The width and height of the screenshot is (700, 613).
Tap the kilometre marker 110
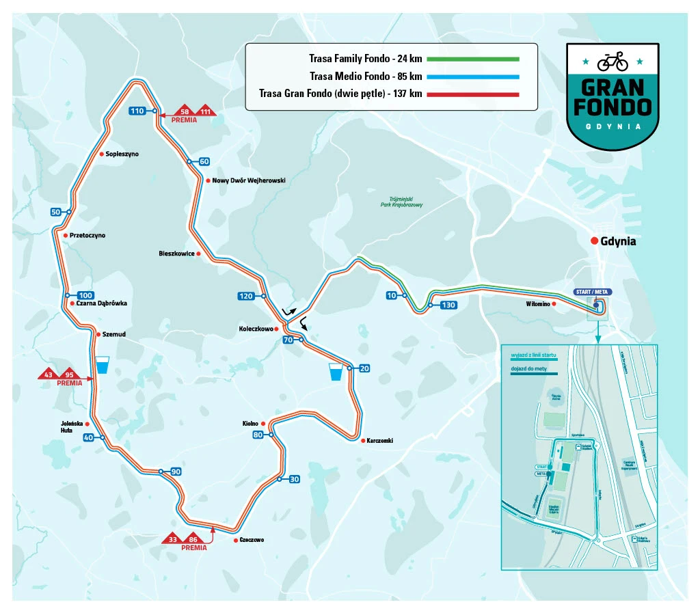[x=138, y=111]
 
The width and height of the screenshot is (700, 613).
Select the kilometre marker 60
[x=204, y=162]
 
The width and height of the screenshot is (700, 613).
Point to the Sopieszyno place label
[x=122, y=154]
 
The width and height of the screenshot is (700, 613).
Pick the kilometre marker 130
[x=448, y=305]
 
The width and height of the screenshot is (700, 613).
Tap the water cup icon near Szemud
[x=103, y=366]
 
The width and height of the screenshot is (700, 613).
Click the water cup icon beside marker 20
[x=336, y=371]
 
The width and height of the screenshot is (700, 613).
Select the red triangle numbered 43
[x=48, y=374]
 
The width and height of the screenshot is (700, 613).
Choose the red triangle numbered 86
[x=193, y=539]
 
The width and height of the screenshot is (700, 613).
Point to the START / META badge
[x=591, y=292]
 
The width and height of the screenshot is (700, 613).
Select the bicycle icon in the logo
[x=612, y=63]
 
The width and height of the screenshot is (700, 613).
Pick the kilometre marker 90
[x=175, y=472]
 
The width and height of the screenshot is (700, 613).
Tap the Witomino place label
[x=537, y=303]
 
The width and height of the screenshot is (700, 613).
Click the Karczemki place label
[x=379, y=441]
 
